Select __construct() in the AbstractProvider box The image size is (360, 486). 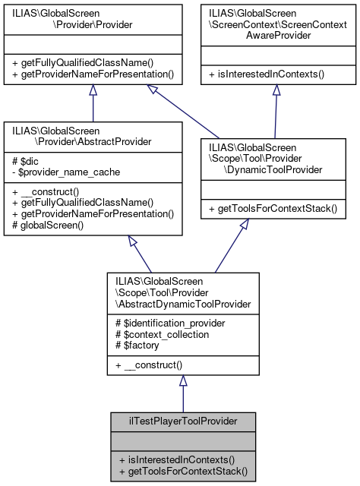46,193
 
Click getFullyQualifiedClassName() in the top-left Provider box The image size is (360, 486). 83,63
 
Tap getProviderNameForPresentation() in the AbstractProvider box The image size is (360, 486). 93,213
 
